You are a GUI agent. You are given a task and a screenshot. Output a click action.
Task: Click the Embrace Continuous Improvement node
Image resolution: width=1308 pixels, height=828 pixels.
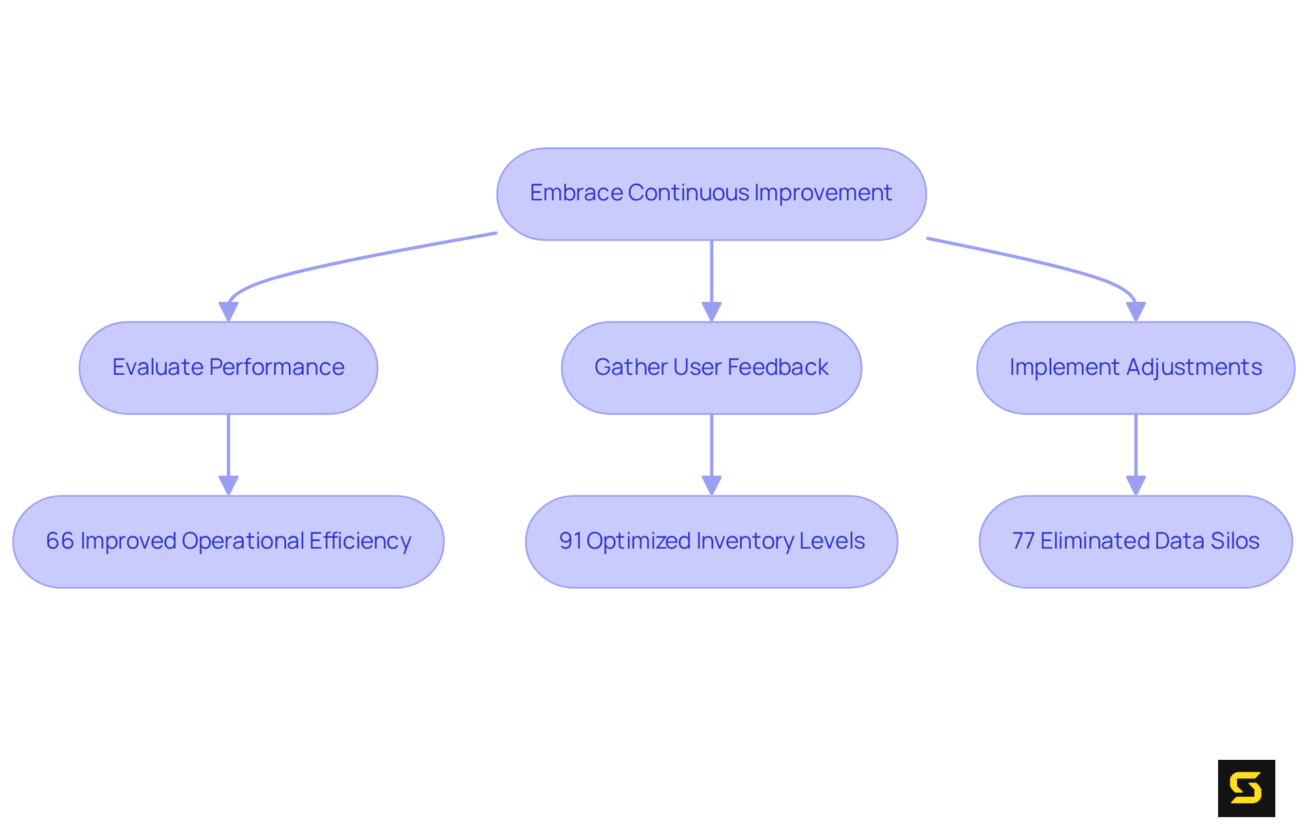pyautogui.click(x=711, y=194)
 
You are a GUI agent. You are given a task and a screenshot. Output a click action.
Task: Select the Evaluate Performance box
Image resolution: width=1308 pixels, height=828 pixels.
pyautogui.click(x=228, y=368)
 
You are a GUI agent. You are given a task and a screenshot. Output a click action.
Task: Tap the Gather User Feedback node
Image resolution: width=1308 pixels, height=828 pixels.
pyautogui.click(x=711, y=368)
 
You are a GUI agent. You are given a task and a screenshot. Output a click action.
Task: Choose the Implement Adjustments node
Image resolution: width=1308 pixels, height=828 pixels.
pyautogui.click(x=1136, y=368)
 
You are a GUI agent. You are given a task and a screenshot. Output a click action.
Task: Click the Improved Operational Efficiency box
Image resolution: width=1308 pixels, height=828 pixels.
pyautogui.click(x=228, y=542)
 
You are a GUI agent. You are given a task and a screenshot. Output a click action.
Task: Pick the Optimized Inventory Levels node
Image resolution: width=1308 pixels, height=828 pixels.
pyautogui.click(x=711, y=542)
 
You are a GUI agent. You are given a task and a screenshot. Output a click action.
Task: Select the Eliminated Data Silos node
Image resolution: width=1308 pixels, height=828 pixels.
pyautogui.click(x=1136, y=542)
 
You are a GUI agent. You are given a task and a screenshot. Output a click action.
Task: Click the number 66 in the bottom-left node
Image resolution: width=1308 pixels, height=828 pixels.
pyautogui.click(x=60, y=541)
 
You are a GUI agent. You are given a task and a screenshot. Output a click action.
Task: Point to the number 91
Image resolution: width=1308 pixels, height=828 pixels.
pyautogui.click(x=570, y=541)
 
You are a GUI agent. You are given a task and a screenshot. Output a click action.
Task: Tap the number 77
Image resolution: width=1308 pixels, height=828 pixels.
pyautogui.click(x=1023, y=541)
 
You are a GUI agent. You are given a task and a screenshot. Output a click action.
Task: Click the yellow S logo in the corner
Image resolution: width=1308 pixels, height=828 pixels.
pyautogui.click(x=1246, y=788)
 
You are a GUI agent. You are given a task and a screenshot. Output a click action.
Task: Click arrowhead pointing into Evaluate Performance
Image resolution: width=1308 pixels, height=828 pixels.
pyautogui.click(x=228, y=312)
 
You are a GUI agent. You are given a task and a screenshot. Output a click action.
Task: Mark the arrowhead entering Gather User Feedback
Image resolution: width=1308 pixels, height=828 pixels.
pyautogui.click(x=711, y=312)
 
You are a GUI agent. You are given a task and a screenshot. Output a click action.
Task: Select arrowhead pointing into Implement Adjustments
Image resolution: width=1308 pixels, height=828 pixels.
pyautogui.click(x=1136, y=312)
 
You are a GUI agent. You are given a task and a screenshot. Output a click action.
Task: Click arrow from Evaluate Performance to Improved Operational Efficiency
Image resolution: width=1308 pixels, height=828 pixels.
pyautogui.click(x=228, y=450)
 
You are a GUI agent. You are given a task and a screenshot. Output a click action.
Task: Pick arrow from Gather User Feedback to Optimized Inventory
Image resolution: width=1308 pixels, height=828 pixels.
pyautogui.click(x=711, y=450)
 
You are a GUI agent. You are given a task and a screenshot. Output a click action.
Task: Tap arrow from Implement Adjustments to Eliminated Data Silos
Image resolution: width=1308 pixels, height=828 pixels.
pyautogui.click(x=1136, y=450)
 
